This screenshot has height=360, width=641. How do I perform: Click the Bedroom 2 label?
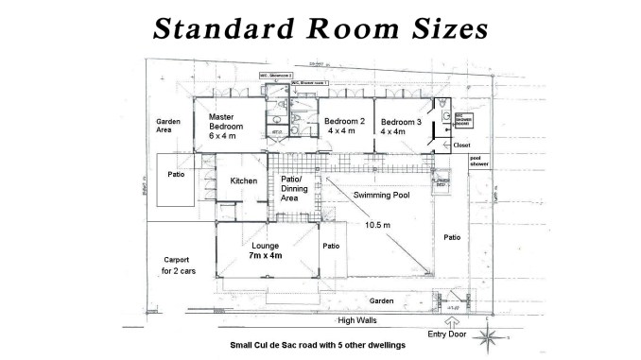(344, 122)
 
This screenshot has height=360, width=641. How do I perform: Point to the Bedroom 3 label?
(401, 122)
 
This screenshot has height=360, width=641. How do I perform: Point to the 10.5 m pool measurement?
(379, 224)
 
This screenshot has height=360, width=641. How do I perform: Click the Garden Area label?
(169, 129)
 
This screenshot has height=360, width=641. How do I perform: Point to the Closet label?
(461, 146)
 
